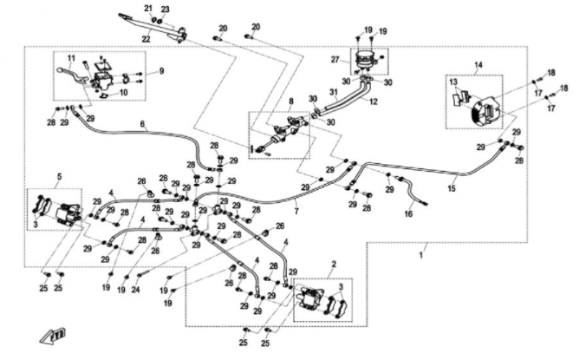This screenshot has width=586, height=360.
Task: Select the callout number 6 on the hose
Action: (x=142, y=124)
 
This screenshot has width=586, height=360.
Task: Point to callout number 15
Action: (x=451, y=187)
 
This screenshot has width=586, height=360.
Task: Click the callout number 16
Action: (x=408, y=213)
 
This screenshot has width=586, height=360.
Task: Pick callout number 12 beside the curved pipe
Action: (x=374, y=101)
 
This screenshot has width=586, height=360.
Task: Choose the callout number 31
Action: (x=333, y=93)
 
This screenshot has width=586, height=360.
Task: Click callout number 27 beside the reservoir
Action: (x=335, y=59)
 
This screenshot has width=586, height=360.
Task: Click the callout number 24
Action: (x=136, y=290)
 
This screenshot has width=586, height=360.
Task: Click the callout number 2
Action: (x=334, y=261)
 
